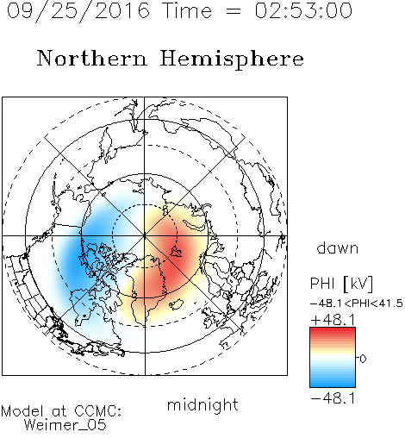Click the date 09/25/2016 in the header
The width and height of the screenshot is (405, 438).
click(78, 10)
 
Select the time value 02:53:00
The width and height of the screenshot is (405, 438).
click(303, 10)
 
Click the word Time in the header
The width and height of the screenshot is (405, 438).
click(187, 10)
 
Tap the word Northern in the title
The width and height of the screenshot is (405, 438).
click(92, 58)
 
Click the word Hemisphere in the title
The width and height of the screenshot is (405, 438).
click(232, 59)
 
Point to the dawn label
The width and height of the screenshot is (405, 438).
click(338, 247)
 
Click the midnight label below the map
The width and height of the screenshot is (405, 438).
click(202, 404)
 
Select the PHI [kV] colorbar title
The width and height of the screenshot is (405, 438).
click(341, 284)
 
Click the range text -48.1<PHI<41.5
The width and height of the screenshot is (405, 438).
click(357, 303)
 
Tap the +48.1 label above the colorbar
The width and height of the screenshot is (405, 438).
click(333, 320)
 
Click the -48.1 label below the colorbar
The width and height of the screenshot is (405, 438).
click(333, 398)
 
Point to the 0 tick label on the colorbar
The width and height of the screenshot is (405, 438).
click(363, 359)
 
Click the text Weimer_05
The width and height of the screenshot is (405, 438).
click(65, 425)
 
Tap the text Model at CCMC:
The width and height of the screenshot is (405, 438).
click(61, 411)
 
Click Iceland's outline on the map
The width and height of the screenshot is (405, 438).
click(176, 304)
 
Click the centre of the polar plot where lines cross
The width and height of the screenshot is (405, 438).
click(145, 236)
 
